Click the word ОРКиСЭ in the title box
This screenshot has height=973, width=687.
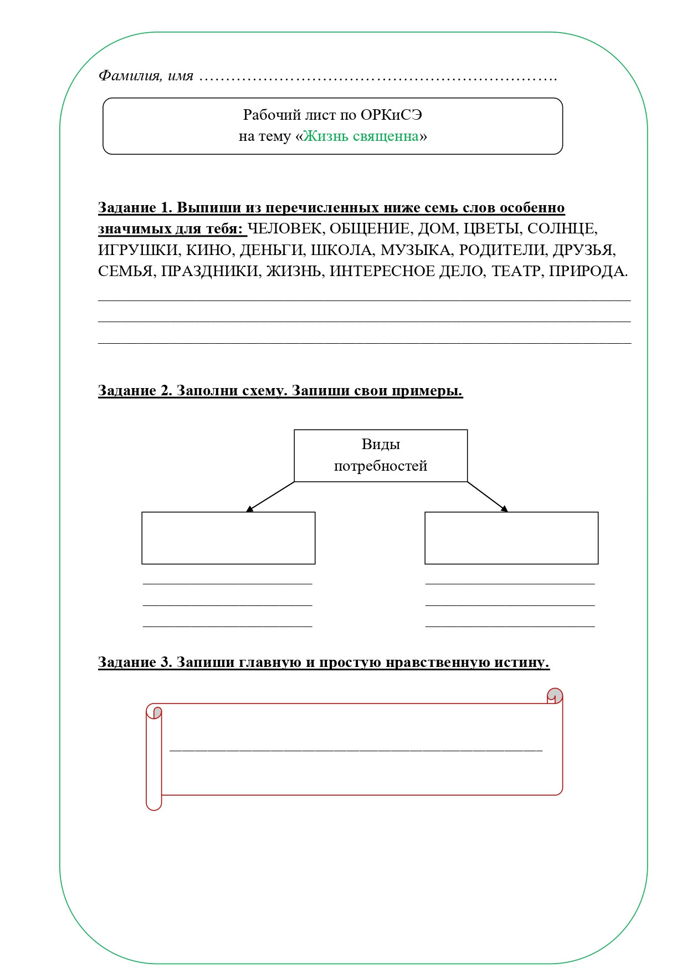[x=391, y=115]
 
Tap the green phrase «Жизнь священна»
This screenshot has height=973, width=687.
[x=361, y=136]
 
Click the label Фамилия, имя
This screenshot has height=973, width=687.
[x=146, y=75]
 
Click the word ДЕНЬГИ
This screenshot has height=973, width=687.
[x=271, y=250]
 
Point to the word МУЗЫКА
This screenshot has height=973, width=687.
[x=416, y=250]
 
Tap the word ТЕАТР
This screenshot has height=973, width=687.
[x=515, y=271]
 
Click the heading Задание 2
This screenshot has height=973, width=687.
[x=135, y=390]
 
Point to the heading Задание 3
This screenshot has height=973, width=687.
[x=135, y=662]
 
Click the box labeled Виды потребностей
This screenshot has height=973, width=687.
[x=381, y=455]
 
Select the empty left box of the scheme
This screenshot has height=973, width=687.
[x=228, y=538]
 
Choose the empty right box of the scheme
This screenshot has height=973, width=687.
[x=511, y=538]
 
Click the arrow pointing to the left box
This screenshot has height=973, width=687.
[x=270, y=496]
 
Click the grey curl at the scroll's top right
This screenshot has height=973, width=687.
[x=555, y=696]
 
